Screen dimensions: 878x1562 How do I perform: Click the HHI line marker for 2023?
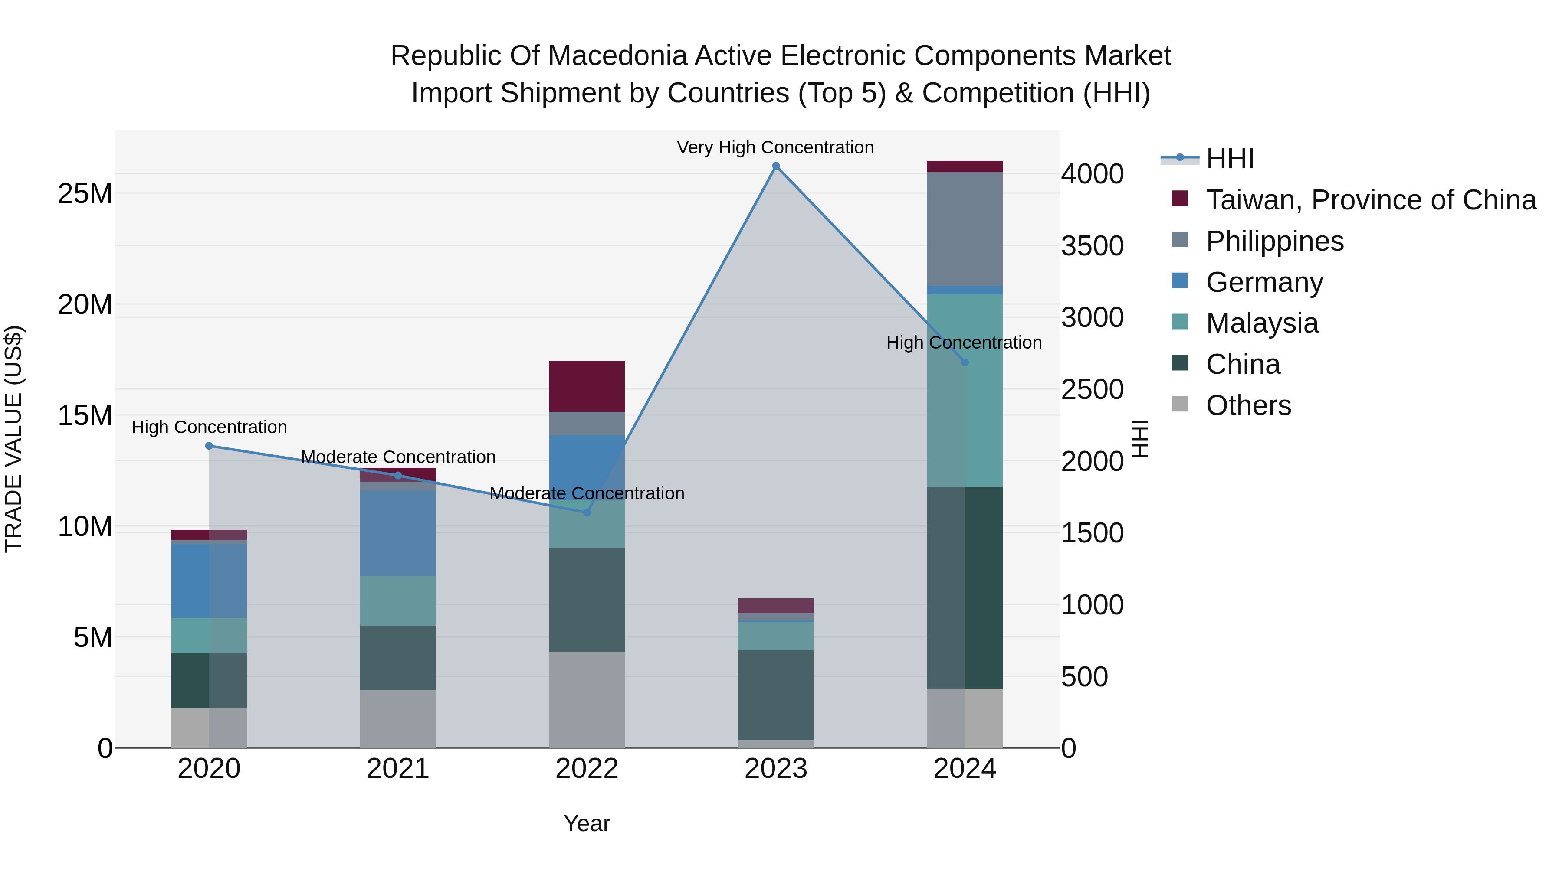point(775,166)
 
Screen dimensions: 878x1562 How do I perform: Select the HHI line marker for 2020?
point(209,446)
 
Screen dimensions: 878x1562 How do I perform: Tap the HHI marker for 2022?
point(586,512)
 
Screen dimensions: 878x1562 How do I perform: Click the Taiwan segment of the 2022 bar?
point(586,387)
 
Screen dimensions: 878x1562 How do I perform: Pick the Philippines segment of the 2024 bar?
point(965,229)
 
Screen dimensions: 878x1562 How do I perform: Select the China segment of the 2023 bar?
point(775,695)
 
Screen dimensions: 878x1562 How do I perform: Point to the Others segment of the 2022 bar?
point(586,699)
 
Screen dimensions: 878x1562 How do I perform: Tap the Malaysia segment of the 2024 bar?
point(965,390)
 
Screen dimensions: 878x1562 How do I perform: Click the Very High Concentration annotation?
point(775,148)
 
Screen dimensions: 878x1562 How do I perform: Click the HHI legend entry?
point(1229,159)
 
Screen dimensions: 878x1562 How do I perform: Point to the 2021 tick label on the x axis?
point(398,769)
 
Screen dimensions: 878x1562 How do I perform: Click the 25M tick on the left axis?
point(85,194)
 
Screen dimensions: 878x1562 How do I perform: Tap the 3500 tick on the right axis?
point(1092,246)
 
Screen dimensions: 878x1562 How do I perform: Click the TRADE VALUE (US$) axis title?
point(13,439)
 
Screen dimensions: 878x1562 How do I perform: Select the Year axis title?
point(586,823)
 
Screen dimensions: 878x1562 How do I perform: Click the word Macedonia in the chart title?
point(620,56)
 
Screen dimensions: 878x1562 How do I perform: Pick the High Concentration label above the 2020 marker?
point(209,427)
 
